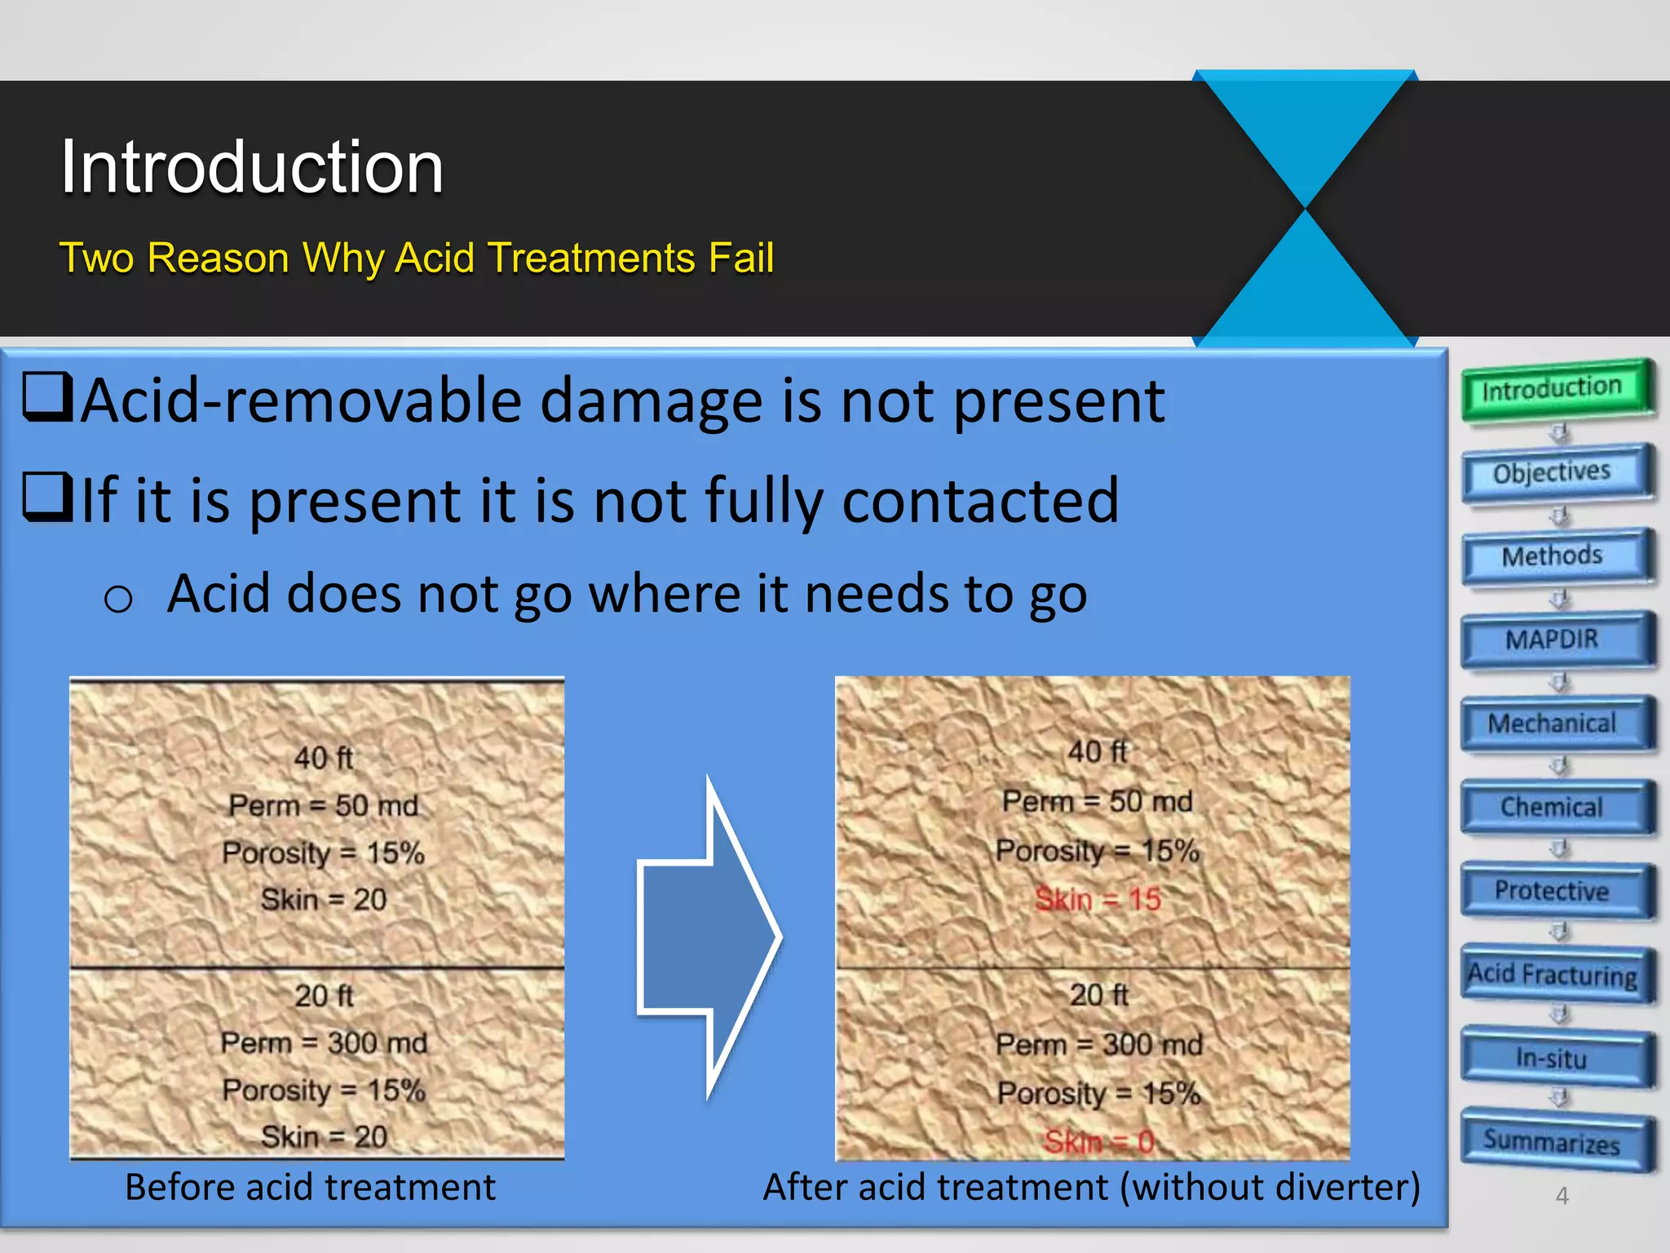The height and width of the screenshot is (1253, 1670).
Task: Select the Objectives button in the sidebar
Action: [x=1556, y=473]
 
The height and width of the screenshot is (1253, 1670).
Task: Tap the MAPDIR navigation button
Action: [x=1556, y=640]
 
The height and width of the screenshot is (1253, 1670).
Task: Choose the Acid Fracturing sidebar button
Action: [x=1556, y=975]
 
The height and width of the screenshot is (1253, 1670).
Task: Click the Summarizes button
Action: [x=1556, y=1142]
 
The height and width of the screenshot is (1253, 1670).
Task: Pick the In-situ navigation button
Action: [x=1556, y=1059]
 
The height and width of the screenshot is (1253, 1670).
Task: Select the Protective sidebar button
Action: [x=1556, y=891]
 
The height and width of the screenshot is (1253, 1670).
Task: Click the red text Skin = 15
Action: [x=1098, y=900]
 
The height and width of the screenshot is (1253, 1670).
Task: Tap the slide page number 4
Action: [x=1562, y=1196]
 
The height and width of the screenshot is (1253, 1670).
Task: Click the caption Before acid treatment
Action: [x=310, y=1188]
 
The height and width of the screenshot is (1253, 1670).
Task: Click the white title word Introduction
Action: [x=252, y=167]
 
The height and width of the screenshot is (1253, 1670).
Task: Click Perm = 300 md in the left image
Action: [x=324, y=1043]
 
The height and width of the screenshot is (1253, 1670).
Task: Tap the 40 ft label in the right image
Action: [x=1098, y=751]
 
